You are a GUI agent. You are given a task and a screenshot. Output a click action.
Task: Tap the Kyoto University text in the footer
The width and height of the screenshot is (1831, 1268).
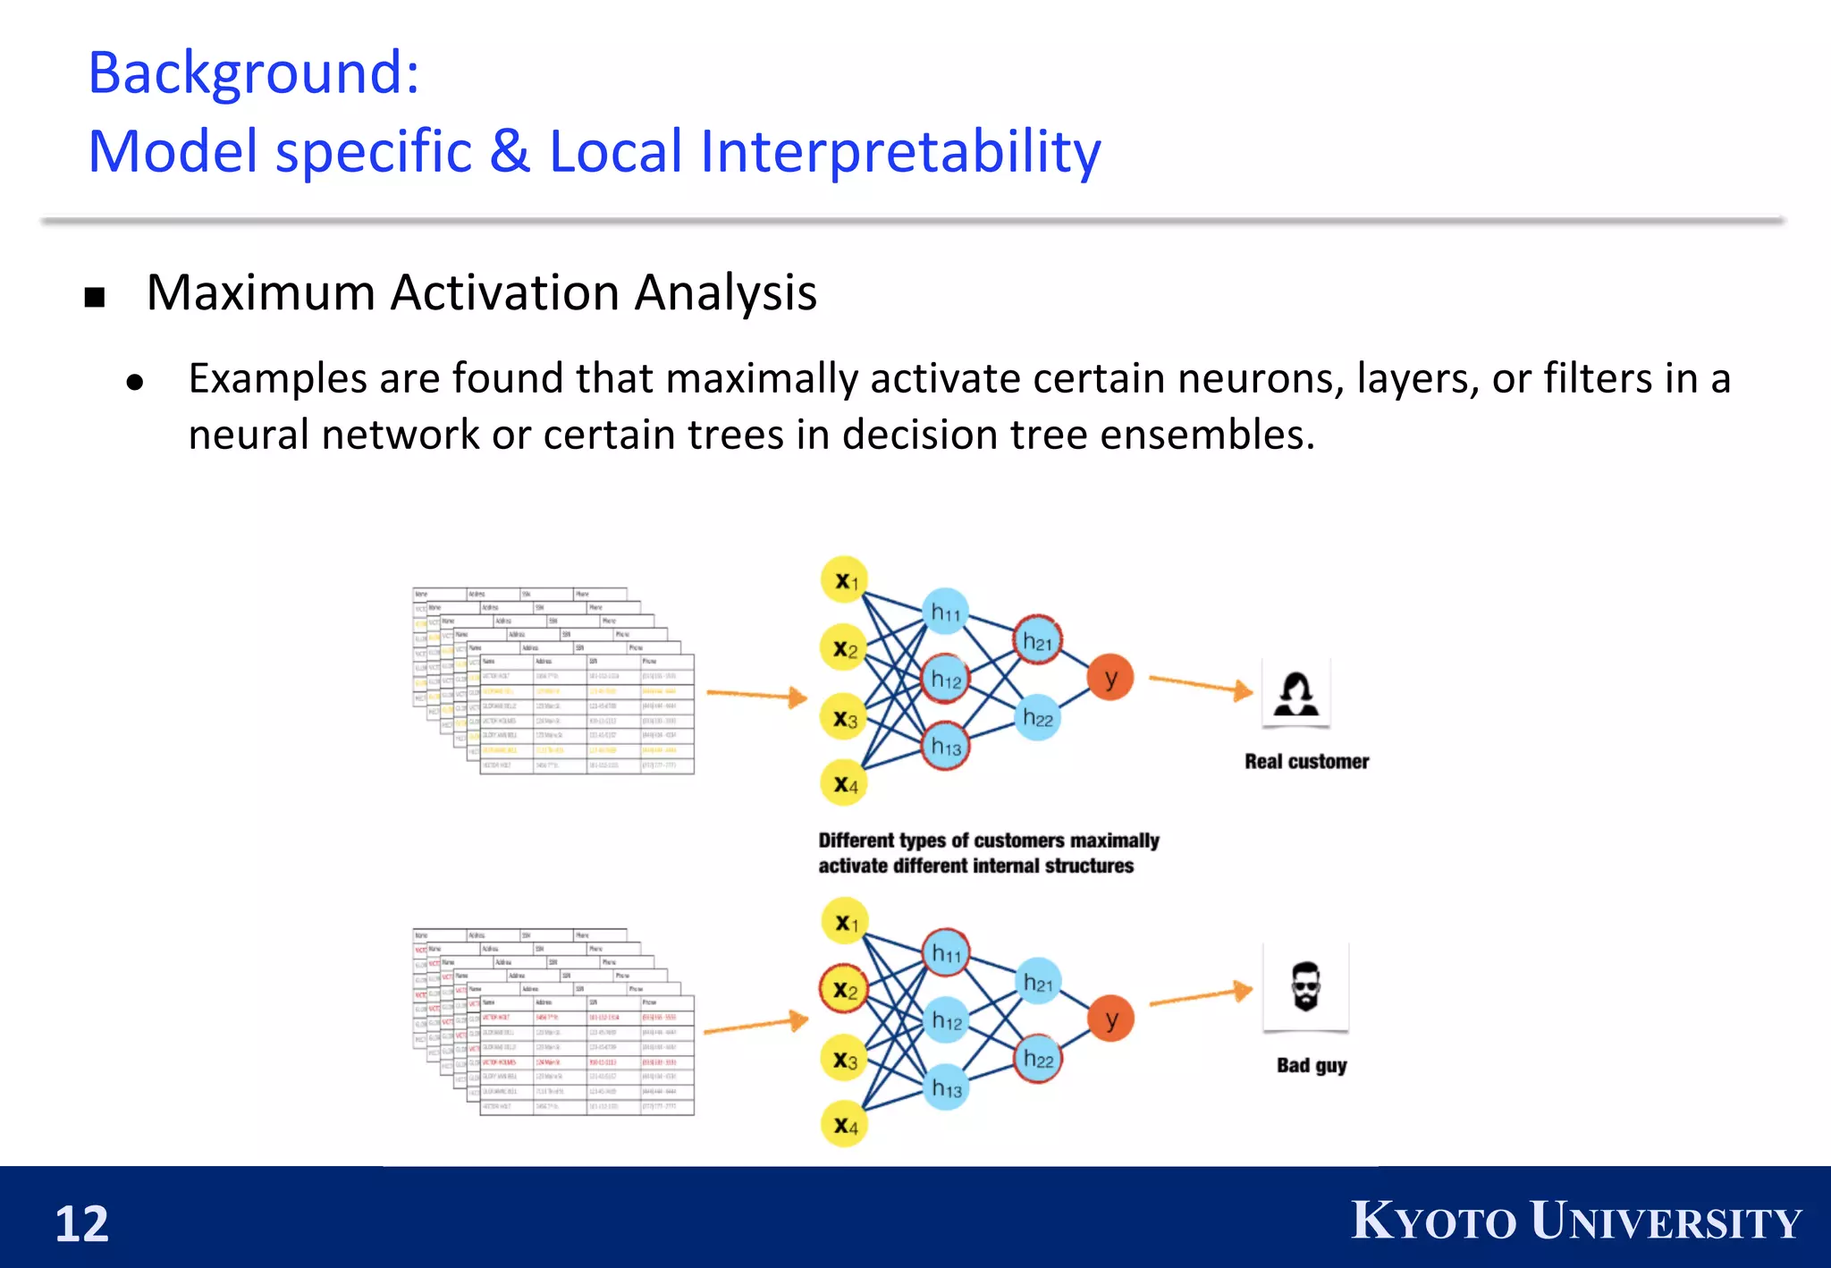[1575, 1221]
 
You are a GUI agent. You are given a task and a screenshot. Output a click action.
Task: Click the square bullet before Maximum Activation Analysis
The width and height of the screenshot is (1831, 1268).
[95, 297]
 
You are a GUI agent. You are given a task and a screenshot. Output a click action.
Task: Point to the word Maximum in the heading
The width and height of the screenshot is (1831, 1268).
[261, 293]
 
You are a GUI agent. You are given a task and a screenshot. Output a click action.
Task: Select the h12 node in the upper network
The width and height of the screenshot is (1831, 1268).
[946, 679]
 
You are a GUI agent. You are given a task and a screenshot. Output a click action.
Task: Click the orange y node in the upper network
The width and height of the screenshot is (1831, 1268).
[1110, 678]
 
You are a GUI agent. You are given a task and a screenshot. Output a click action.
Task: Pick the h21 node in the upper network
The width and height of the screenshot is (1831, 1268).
[1037, 640]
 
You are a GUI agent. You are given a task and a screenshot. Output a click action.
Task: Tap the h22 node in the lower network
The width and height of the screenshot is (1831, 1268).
[1038, 1059]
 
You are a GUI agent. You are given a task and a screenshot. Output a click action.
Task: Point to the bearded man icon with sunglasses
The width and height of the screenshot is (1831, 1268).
[1305, 986]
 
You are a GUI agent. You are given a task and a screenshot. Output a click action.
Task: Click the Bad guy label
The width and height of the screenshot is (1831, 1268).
[1311, 1065]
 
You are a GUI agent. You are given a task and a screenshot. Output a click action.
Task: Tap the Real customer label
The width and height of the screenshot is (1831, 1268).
[1306, 762]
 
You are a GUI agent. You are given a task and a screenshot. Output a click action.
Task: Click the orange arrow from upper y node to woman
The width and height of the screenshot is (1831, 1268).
[1200, 685]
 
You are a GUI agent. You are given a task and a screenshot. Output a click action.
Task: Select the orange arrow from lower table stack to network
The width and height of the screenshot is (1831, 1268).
[755, 1025]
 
